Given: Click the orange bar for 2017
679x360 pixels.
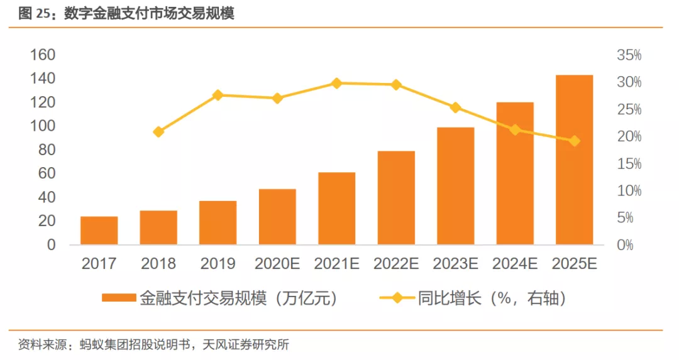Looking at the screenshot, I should (99, 231).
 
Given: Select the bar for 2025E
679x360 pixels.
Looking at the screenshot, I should (574, 160).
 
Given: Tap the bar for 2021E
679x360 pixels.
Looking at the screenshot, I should (336, 209).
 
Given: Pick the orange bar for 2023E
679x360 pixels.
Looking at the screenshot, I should (455, 186).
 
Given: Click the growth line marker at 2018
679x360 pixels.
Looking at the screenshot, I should (158, 132).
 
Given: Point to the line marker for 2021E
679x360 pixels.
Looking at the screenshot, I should (336, 83).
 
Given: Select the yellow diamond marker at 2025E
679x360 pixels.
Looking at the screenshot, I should (574, 141).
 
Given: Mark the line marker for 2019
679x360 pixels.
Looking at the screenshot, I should (218, 95).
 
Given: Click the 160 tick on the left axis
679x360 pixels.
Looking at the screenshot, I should (43, 55).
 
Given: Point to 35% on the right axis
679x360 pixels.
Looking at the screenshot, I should (629, 56).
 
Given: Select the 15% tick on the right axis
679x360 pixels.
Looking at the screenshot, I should (629, 164).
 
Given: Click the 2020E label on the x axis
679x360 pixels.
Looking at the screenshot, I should (277, 264).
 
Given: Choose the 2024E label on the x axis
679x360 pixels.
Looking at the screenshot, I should (515, 264).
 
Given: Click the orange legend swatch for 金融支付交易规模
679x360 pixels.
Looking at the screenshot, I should (119, 298).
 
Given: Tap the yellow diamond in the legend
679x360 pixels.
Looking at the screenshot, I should (397, 298).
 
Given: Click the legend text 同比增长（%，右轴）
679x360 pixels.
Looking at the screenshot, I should (493, 298).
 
